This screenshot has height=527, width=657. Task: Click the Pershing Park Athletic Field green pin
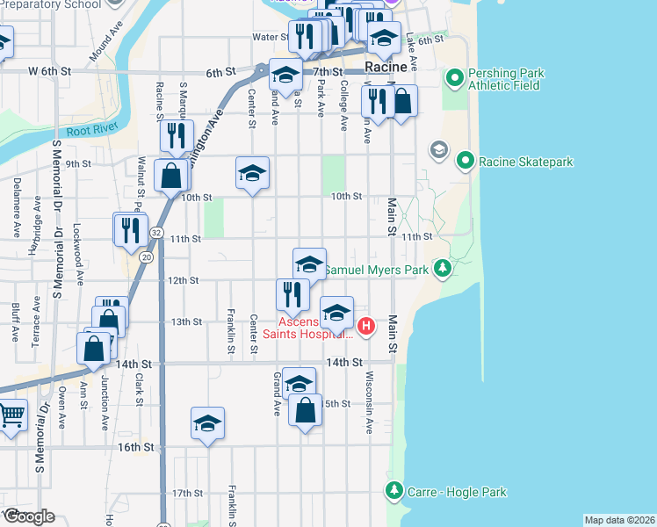click(455, 80)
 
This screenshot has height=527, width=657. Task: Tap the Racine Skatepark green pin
click(465, 162)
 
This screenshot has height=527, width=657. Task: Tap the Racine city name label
click(386, 67)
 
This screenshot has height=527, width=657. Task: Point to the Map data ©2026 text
click(619, 520)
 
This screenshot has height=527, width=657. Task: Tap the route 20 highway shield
click(147, 256)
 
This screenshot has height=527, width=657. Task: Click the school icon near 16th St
click(208, 423)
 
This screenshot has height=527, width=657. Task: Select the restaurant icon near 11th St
click(130, 230)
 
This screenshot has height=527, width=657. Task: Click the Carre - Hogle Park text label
click(457, 492)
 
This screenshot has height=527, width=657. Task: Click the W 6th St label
click(46, 70)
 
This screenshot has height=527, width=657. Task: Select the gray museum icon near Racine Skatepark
click(437, 150)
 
